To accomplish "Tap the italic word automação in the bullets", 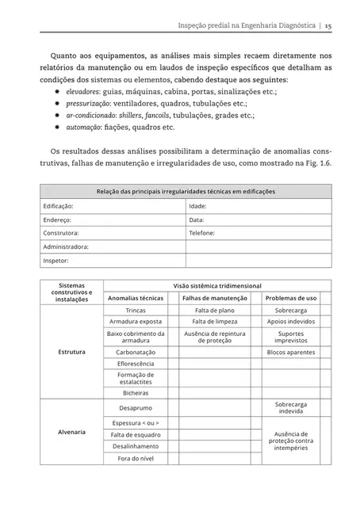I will (x=85, y=127).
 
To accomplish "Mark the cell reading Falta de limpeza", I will (x=215, y=323).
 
